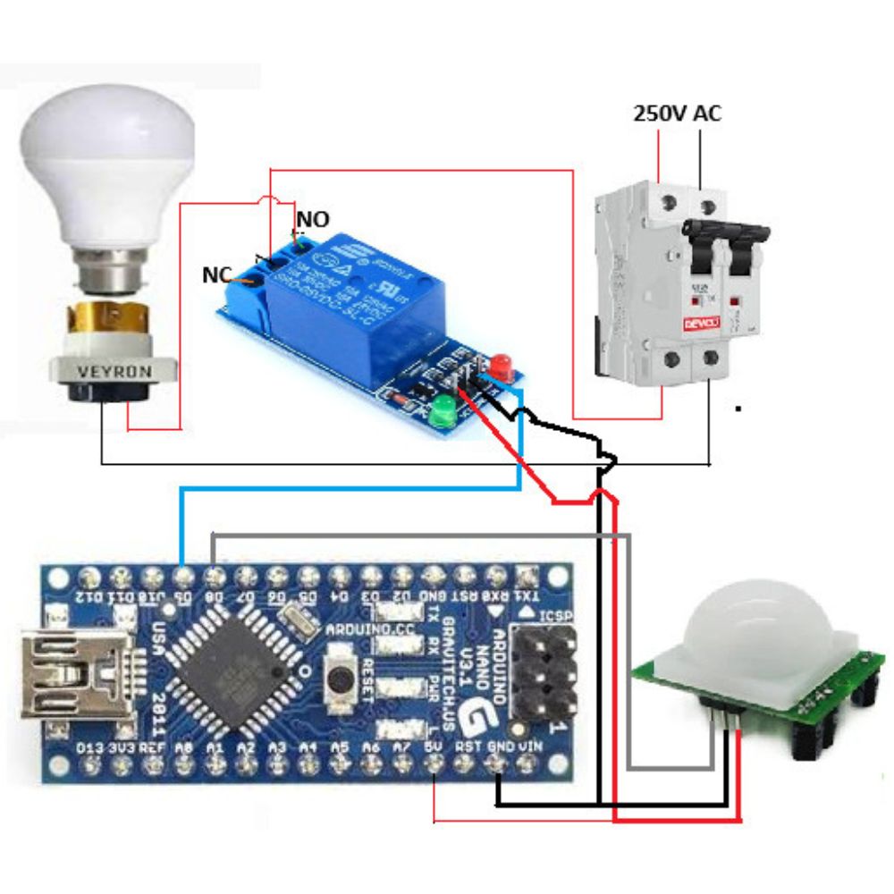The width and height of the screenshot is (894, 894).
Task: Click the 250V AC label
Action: point(677,114)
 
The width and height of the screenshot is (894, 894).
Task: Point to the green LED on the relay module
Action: point(441,415)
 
